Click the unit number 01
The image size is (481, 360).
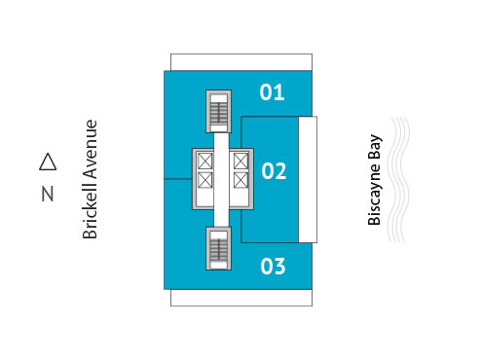click(273, 93)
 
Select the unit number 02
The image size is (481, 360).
click(274, 172)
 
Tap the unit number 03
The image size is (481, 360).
click(274, 265)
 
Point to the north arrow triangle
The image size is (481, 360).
click(48, 161)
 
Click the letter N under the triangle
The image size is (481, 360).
click(48, 194)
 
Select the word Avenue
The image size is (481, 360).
click(91, 148)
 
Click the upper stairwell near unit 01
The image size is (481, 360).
click(219, 111)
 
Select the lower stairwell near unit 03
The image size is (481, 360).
click(219, 249)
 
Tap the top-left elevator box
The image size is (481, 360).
click(205, 161)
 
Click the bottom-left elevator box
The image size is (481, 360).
click(205, 180)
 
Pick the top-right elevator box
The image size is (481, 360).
click(240, 161)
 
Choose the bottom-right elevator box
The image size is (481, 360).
click(240, 180)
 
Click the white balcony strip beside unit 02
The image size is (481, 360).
click(308, 179)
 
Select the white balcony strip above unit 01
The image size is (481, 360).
click(240, 61)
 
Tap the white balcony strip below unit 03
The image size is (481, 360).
click(240, 297)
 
